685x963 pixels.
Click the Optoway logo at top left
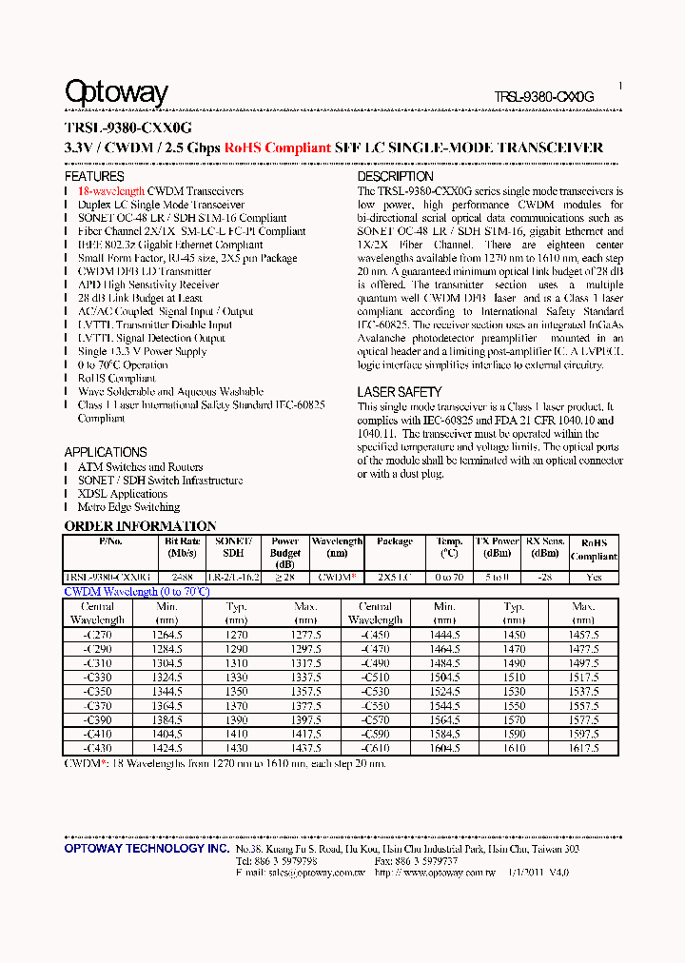[116, 92]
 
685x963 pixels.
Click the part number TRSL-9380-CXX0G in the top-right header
[544, 97]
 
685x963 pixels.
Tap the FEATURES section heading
[94, 177]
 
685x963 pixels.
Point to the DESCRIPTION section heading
[395, 177]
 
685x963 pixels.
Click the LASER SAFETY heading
[399, 392]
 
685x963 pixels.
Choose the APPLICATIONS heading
[106, 452]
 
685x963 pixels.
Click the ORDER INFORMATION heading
[140, 526]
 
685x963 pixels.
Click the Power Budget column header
[284, 553]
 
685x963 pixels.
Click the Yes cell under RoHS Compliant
[594, 577]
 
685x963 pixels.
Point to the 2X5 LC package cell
[394, 577]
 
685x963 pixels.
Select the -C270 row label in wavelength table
[97, 635]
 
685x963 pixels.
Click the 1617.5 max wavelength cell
[584, 749]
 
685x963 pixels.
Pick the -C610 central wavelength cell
[375, 749]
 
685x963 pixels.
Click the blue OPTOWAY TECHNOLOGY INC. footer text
[147, 848]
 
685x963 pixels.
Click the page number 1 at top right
[620, 86]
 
